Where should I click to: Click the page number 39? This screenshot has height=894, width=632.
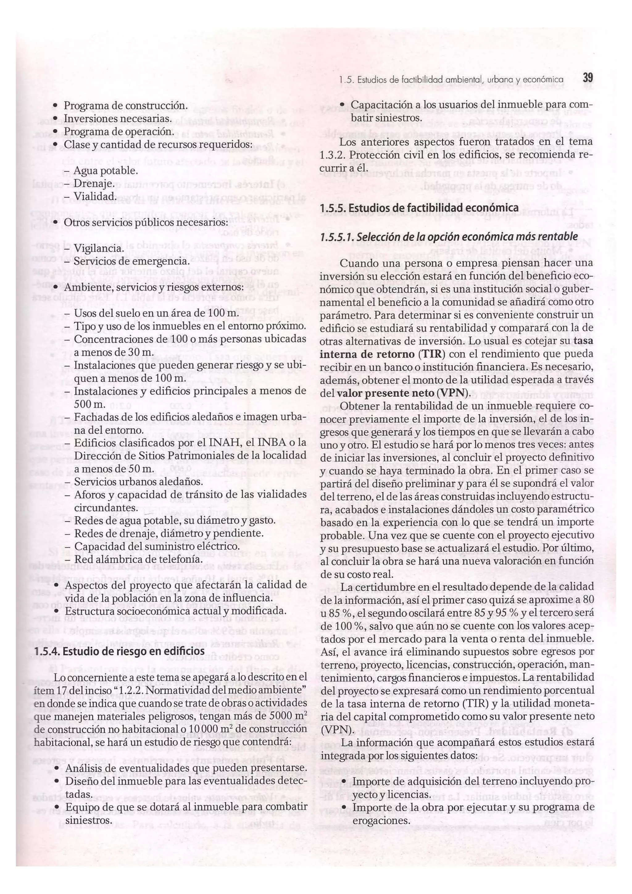[x=587, y=77]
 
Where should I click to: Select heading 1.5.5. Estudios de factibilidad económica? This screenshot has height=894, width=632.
[x=419, y=208]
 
